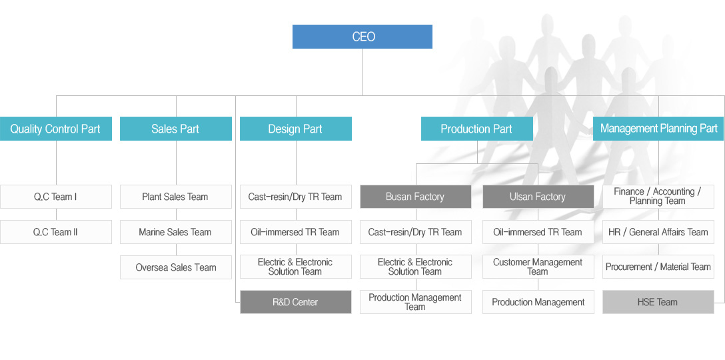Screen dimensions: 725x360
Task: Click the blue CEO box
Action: pyautogui.click(x=362, y=37)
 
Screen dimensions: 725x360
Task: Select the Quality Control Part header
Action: pyautogui.click(x=55, y=129)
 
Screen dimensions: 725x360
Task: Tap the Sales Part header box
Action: pyautogui.click(x=176, y=129)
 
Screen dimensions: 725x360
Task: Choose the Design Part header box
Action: pyautogui.click(x=295, y=129)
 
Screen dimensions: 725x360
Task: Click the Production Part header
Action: pyautogui.click(x=476, y=129)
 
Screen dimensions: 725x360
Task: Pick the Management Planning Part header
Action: pyautogui.click(x=658, y=129)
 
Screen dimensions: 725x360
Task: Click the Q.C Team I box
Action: pyautogui.click(x=55, y=197)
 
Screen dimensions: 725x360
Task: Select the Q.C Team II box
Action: pyautogui.click(x=55, y=232)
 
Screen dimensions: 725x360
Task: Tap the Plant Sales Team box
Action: pyautogui.click(x=176, y=197)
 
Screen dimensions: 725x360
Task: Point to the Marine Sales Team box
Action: pyautogui.click(x=176, y=232)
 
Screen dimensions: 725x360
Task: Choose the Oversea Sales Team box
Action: pyautogui.click(x=176, y=267)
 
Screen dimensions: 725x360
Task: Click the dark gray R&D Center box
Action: pyautogui.click(x=295, y=302)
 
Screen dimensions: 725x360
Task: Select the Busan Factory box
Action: pyautogui.click(x=416, y=197)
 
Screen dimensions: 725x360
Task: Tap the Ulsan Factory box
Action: pyautogui.click(x=538, y=197)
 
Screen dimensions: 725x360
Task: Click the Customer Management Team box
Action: pyautogui.click(x=538, y=267)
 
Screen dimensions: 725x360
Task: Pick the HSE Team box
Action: pyautogui.click(x=658, y=302)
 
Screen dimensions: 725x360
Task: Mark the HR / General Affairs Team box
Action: pyautogui.click(x=658, y=232)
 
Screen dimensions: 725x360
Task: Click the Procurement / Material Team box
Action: pyautogui.click(x=658, y=267)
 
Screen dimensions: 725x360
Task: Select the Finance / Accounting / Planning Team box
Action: pyautogui.click(x=658, y=197)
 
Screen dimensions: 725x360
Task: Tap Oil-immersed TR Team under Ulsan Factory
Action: pyautogui.click(x=538, y=232)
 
